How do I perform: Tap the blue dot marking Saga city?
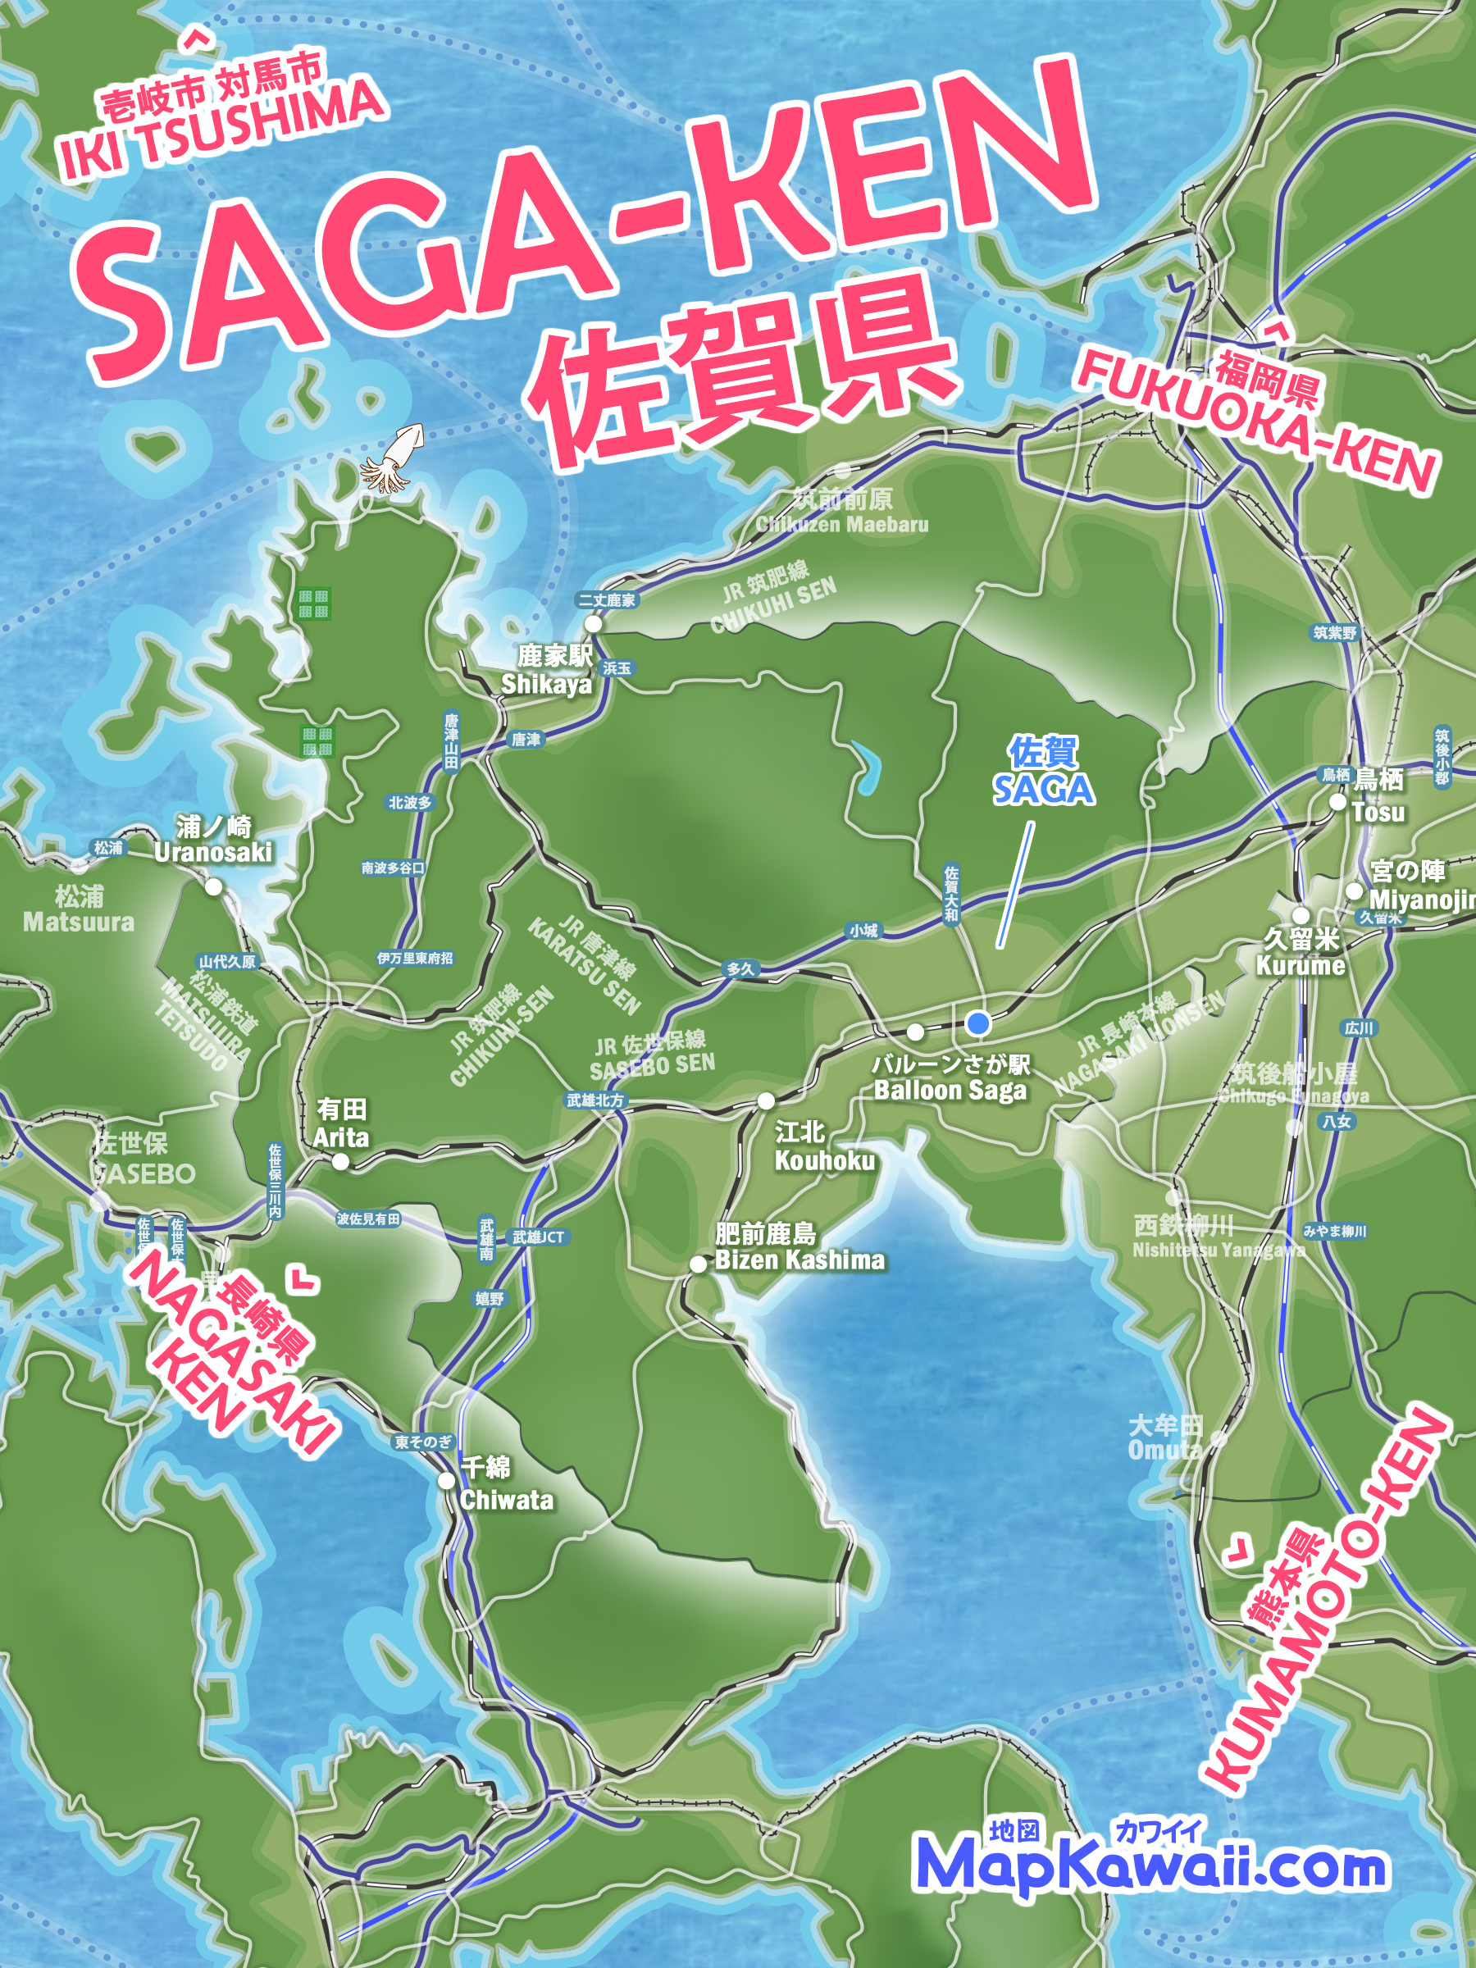click(x=977, y=1023)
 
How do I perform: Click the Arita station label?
click(x=341, y=1123)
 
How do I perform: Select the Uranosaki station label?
click(x=213, y=839)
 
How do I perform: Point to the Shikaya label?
click(x=546, y=670)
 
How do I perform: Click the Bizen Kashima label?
click(x=799, y=1246)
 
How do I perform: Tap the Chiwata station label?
click(x=506, y=1485)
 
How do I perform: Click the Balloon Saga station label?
click(x=950, y=1077)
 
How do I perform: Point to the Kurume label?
click(x=1301, y=952)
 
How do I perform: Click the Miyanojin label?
click(x=1420, y=886)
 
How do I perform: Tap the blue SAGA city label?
click(x=1043, y=772)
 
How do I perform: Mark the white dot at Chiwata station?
click(x=447, y=1480)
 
